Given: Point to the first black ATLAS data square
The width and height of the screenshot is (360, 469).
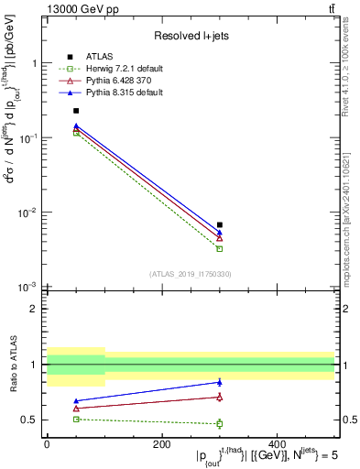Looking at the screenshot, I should tap(76, 110).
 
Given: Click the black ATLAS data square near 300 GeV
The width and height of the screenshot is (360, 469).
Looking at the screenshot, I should tap(219, 224).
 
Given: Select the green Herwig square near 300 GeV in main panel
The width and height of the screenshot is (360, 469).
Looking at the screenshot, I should tap(219, 248).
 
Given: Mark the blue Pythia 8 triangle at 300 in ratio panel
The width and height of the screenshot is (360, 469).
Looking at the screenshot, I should tap(219, 382).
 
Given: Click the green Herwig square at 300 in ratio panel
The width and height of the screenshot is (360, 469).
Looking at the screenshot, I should tap(219, 423).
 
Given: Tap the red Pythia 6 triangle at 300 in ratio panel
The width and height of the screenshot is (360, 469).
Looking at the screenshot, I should tap(219, 397).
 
